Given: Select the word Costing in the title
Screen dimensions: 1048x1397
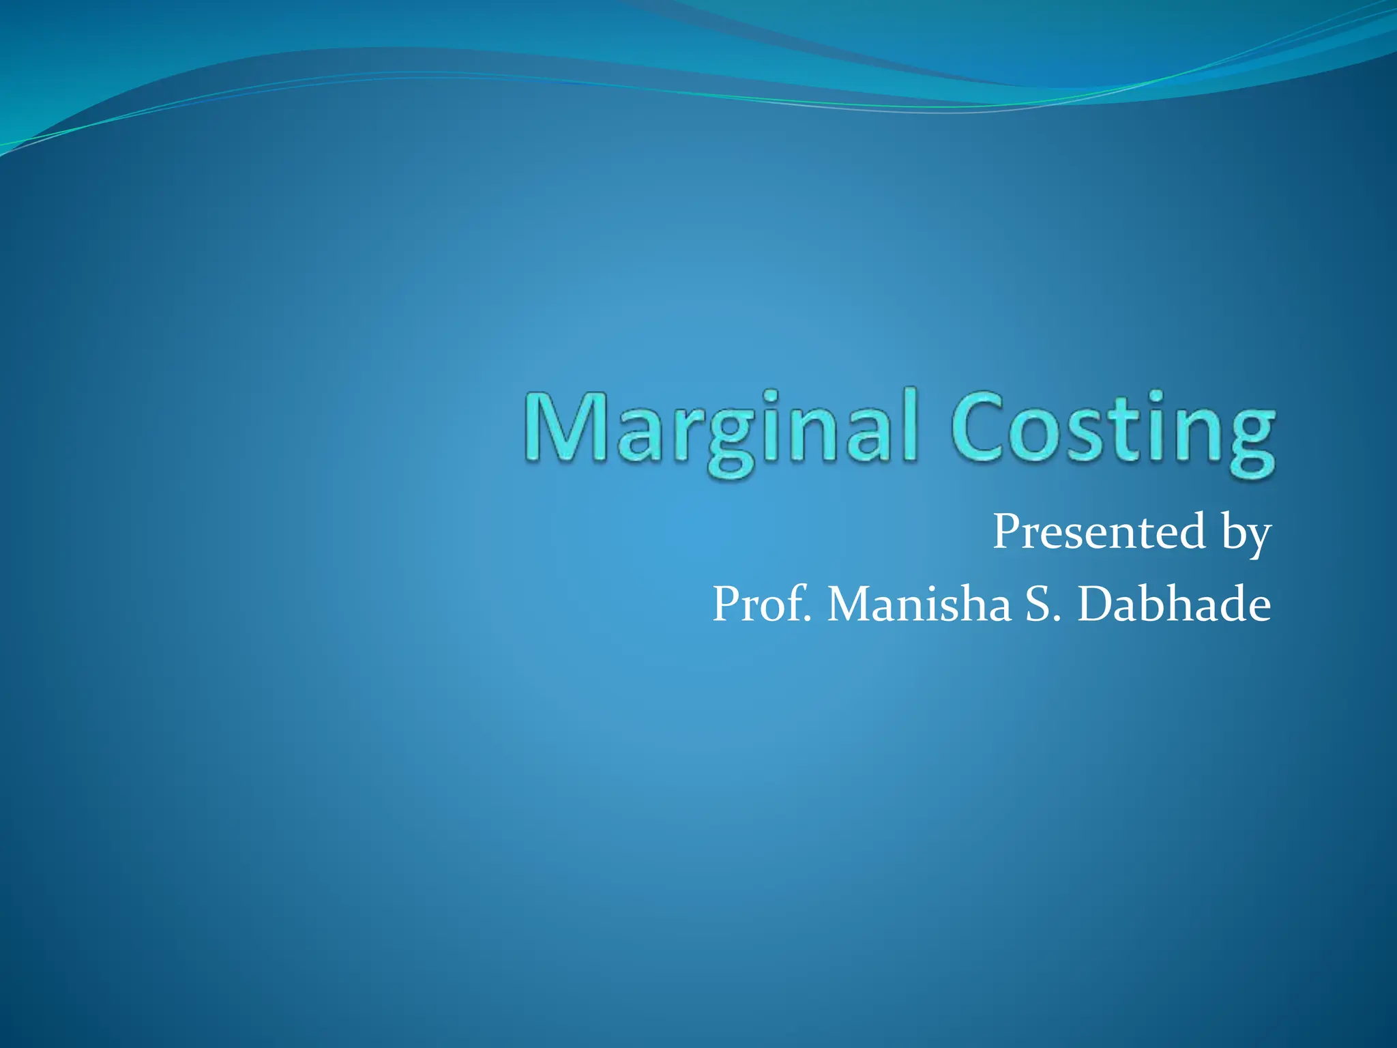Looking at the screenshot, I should pyautogui.click(x=1113, y=429).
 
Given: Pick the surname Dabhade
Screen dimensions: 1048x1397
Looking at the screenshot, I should pyautogui.click(x=1174, y=604).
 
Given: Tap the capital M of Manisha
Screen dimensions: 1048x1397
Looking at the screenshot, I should pyautogui.click(x=852, y=604).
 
